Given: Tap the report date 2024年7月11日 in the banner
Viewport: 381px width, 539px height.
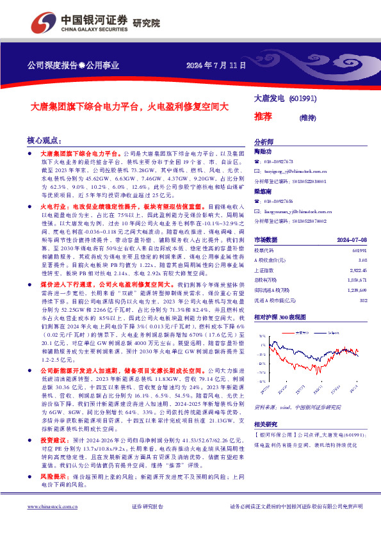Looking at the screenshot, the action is click(x=216, y=66).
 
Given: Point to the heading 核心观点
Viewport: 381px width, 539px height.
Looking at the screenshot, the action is click(x=44, y=140).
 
